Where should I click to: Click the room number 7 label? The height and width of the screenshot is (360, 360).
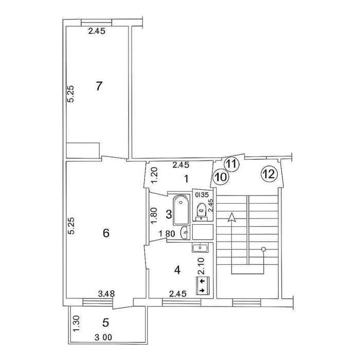coord(99,86)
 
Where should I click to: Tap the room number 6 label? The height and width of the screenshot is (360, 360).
coord(106,233)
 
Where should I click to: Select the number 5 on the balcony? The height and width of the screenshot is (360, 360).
coord(105,323)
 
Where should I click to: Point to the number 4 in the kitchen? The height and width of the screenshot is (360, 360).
coord(177,270)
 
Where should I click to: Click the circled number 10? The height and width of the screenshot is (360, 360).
coord(221,177)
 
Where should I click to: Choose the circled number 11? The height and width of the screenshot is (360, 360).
coord(231,164)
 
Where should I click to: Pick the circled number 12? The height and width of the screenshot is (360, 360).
coord(269,174)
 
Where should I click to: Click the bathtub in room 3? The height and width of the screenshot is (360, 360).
coord(181,210)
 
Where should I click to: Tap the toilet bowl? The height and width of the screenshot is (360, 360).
coord(202,209)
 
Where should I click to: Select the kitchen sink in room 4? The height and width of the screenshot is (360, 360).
coord(201,248)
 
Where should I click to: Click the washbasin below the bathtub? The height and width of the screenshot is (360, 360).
coord(185,232)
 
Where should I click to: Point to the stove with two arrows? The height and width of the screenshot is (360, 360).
coord(203,285)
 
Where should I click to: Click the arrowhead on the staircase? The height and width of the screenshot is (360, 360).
coord(231,217)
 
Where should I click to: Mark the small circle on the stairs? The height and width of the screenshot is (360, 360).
coord(263,249)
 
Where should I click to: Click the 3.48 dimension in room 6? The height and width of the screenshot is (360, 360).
coord(106,294)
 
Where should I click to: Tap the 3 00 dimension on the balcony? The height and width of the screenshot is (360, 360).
coord(103,337)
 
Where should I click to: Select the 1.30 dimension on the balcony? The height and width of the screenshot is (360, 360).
coord(77,323)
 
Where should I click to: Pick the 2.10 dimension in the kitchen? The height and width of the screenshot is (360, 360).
coord(201,266)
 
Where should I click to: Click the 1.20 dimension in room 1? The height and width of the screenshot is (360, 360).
coord(154,175)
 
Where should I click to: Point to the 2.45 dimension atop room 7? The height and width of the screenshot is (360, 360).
coord(97,31)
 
